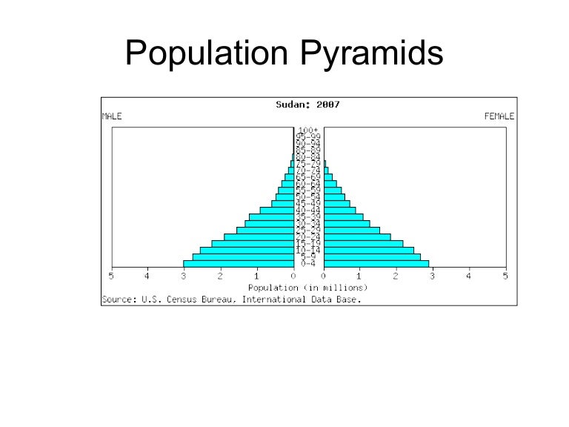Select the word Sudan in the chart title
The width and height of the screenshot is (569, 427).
[x=290, y=105]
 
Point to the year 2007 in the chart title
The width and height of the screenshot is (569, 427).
[x=327, y=105]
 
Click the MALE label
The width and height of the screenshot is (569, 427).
[x=111, y=116]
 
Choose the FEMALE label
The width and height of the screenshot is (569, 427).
[x=499, y=116]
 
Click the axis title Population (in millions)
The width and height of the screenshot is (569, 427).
[x=308, y=288]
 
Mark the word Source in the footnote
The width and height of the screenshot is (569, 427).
[x=116, y=299]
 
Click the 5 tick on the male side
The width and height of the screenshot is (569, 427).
[x=112, y=277]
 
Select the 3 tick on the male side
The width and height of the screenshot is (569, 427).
[x=184, y=277]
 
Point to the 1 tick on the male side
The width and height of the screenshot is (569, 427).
[x=256, y=277]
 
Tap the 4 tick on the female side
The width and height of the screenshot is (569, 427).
[x=469, y=277]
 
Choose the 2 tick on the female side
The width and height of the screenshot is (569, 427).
[x=396, y=277]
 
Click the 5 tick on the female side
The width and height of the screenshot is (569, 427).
[x=505, y=277]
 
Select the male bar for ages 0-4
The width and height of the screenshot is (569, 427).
[x=238, y=264]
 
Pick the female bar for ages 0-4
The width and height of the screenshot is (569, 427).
[x=376, y=264]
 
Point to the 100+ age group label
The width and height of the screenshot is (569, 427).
[x=309, y=130]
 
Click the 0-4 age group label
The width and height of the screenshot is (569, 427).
[x=309, y=264]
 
